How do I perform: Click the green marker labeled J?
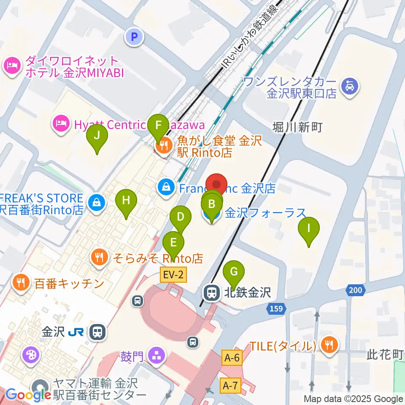97,136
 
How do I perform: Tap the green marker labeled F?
159,125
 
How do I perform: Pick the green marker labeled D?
181,218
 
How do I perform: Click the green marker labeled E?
173,243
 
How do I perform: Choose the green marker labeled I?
309,229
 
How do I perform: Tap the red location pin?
217,184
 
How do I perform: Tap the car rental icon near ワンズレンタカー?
350,86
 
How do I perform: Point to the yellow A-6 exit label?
232,358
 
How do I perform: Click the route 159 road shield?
275,309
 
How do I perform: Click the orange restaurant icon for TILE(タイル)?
329,345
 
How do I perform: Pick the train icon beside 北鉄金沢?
211,292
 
